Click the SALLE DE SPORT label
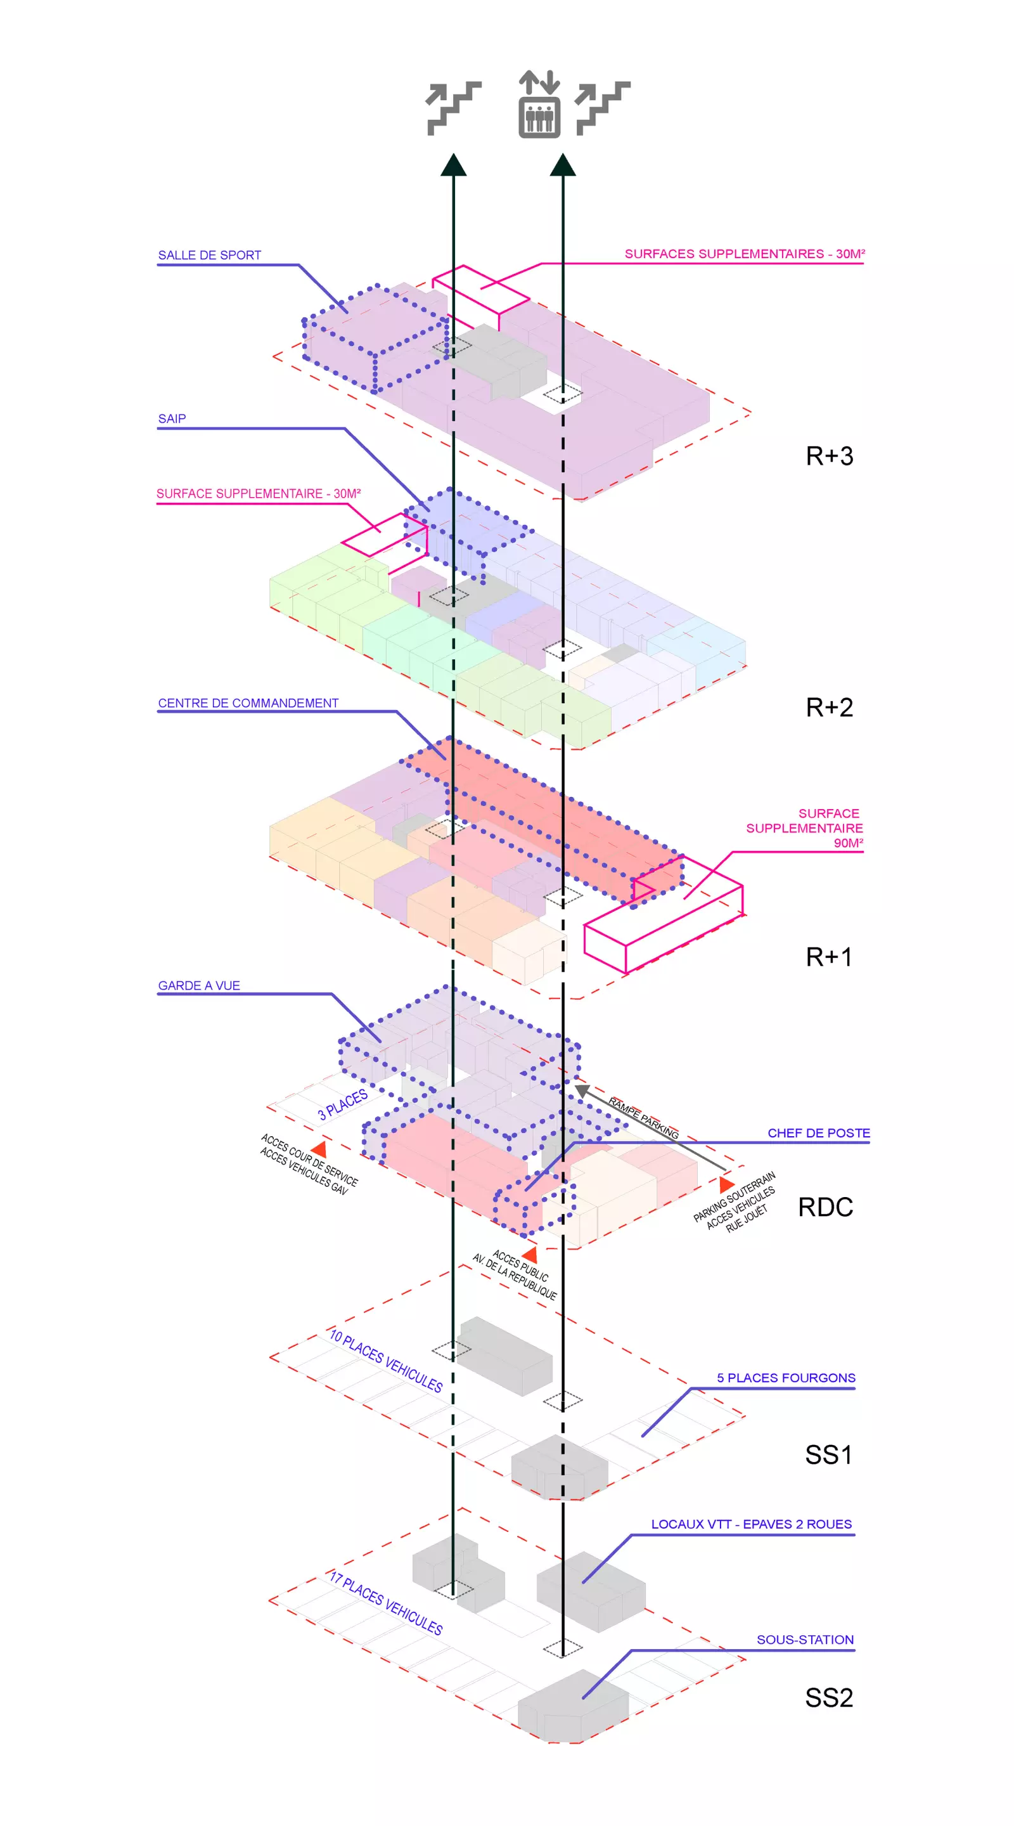coord(209,255)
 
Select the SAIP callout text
coord(172,419)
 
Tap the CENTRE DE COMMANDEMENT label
coord(248,703)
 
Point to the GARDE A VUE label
coord(199,985)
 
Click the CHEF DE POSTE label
coord(818,1133)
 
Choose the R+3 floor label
coord(829,456)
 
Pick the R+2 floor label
coord(829,708)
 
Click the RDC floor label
coord(826,1207)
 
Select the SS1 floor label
coord(828,1455)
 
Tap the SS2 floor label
coord(828,1699)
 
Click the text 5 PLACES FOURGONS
coord(786,1378)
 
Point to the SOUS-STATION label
coord(805,1640)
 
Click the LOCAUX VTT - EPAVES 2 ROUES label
coord(751,1524)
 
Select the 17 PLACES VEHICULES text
coord(385,1603)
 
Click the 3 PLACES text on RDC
coord(343,1104)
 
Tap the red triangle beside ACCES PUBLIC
coord(529,1255)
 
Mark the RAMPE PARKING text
coord(643,1118)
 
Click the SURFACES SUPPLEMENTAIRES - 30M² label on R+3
coord(744,254)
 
